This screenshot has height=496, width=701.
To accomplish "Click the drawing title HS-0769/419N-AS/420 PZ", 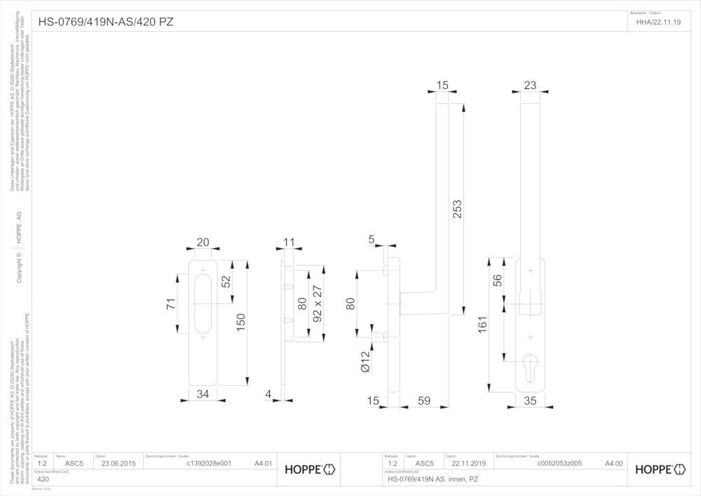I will (106, 22).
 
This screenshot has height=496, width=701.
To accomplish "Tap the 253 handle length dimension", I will (458, 209).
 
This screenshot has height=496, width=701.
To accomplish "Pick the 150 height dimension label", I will (240, 321).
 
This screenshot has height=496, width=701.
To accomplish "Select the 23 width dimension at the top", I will (530, 86).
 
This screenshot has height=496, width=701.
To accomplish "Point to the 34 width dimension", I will (203, 395).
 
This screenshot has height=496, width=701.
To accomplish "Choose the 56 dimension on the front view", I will (498, 279).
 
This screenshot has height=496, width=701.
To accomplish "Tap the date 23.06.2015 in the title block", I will (119, 464).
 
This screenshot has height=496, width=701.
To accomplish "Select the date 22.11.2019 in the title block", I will (469, 464).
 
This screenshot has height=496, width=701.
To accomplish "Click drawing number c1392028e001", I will (208, 464).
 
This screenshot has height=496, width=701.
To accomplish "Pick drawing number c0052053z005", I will (559, 464).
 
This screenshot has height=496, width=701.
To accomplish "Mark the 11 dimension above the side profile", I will (290, 243).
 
